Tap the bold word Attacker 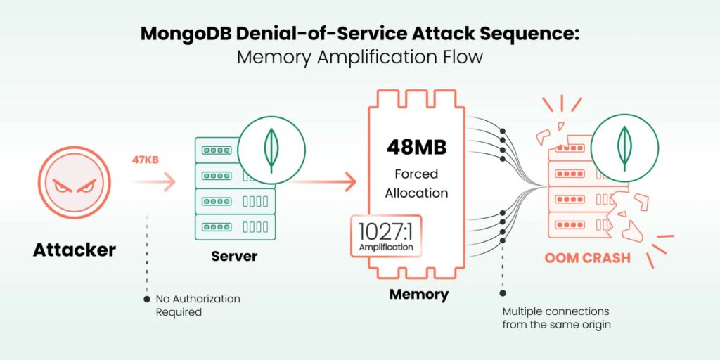[x=74, y=249]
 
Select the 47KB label [x=145, y=160]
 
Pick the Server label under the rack [x=234, y=256]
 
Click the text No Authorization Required [x=198, y=305]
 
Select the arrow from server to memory [x=323, y=183]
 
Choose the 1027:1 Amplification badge [x=386, y=236]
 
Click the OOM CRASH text [x=587, y=258]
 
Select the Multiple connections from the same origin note [x=555, y=318]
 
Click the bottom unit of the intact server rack [x=234, y=226]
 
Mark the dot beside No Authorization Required [x=146, y=299]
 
